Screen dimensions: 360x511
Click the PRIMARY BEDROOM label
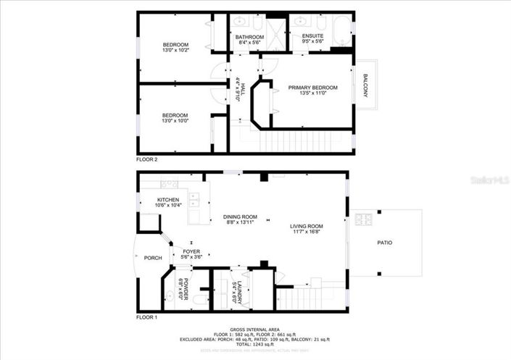coord(312,88)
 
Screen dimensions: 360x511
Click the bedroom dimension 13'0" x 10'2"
coord(175,51)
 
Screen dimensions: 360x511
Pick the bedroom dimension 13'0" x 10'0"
coord(175,121)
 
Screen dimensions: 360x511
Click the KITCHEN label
coord(168,200)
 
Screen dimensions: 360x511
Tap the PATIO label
coord(384,243)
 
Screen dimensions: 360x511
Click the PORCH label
coord(153,258)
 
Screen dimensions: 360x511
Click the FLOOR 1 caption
coord(146,317)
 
